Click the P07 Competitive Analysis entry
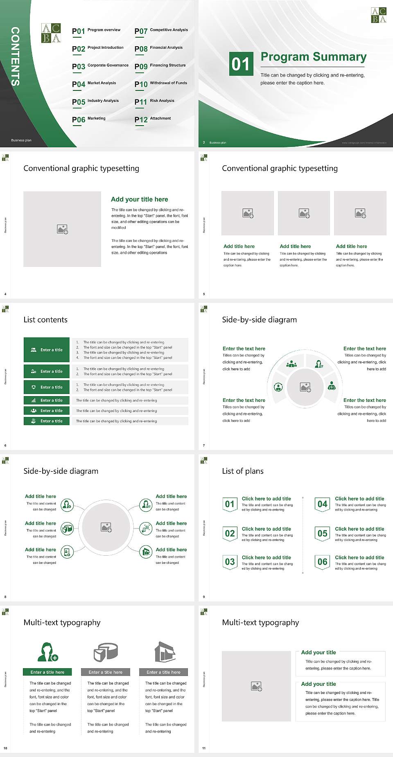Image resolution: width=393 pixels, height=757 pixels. (x=161, y=31)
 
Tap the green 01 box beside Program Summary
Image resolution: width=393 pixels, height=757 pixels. (x=240, y=64)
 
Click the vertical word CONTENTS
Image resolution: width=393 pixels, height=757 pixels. (x=15, y=56)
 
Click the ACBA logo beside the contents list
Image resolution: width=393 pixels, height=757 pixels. (x=51, y=33)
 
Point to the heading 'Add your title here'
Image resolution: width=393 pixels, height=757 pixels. (x=139, y=199)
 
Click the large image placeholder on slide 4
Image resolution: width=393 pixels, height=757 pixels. (x=62, y=229)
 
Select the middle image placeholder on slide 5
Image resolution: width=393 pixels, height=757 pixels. (x=304, y=213)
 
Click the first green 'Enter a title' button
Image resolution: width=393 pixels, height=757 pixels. (x=47, y=350)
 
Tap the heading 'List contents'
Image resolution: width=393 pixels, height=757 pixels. (x=45, y=320)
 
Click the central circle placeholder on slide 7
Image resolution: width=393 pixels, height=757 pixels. (x=305, y=387)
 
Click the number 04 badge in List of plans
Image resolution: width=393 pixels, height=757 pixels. (x=323, y=504)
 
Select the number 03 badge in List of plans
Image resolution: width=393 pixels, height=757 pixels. (x=230, y=561)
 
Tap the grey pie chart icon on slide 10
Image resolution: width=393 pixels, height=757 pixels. (x=106, y=652)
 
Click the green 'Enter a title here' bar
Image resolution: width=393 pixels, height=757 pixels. (x=47, y=672)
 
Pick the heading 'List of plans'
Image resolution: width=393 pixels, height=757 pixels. (x=243, y=471)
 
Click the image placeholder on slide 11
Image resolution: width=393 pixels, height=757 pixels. (x=256, y=686)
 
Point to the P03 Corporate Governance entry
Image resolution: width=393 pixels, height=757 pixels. (x=100, y=66)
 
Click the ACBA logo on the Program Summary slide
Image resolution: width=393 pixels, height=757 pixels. (x=378, y=15)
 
